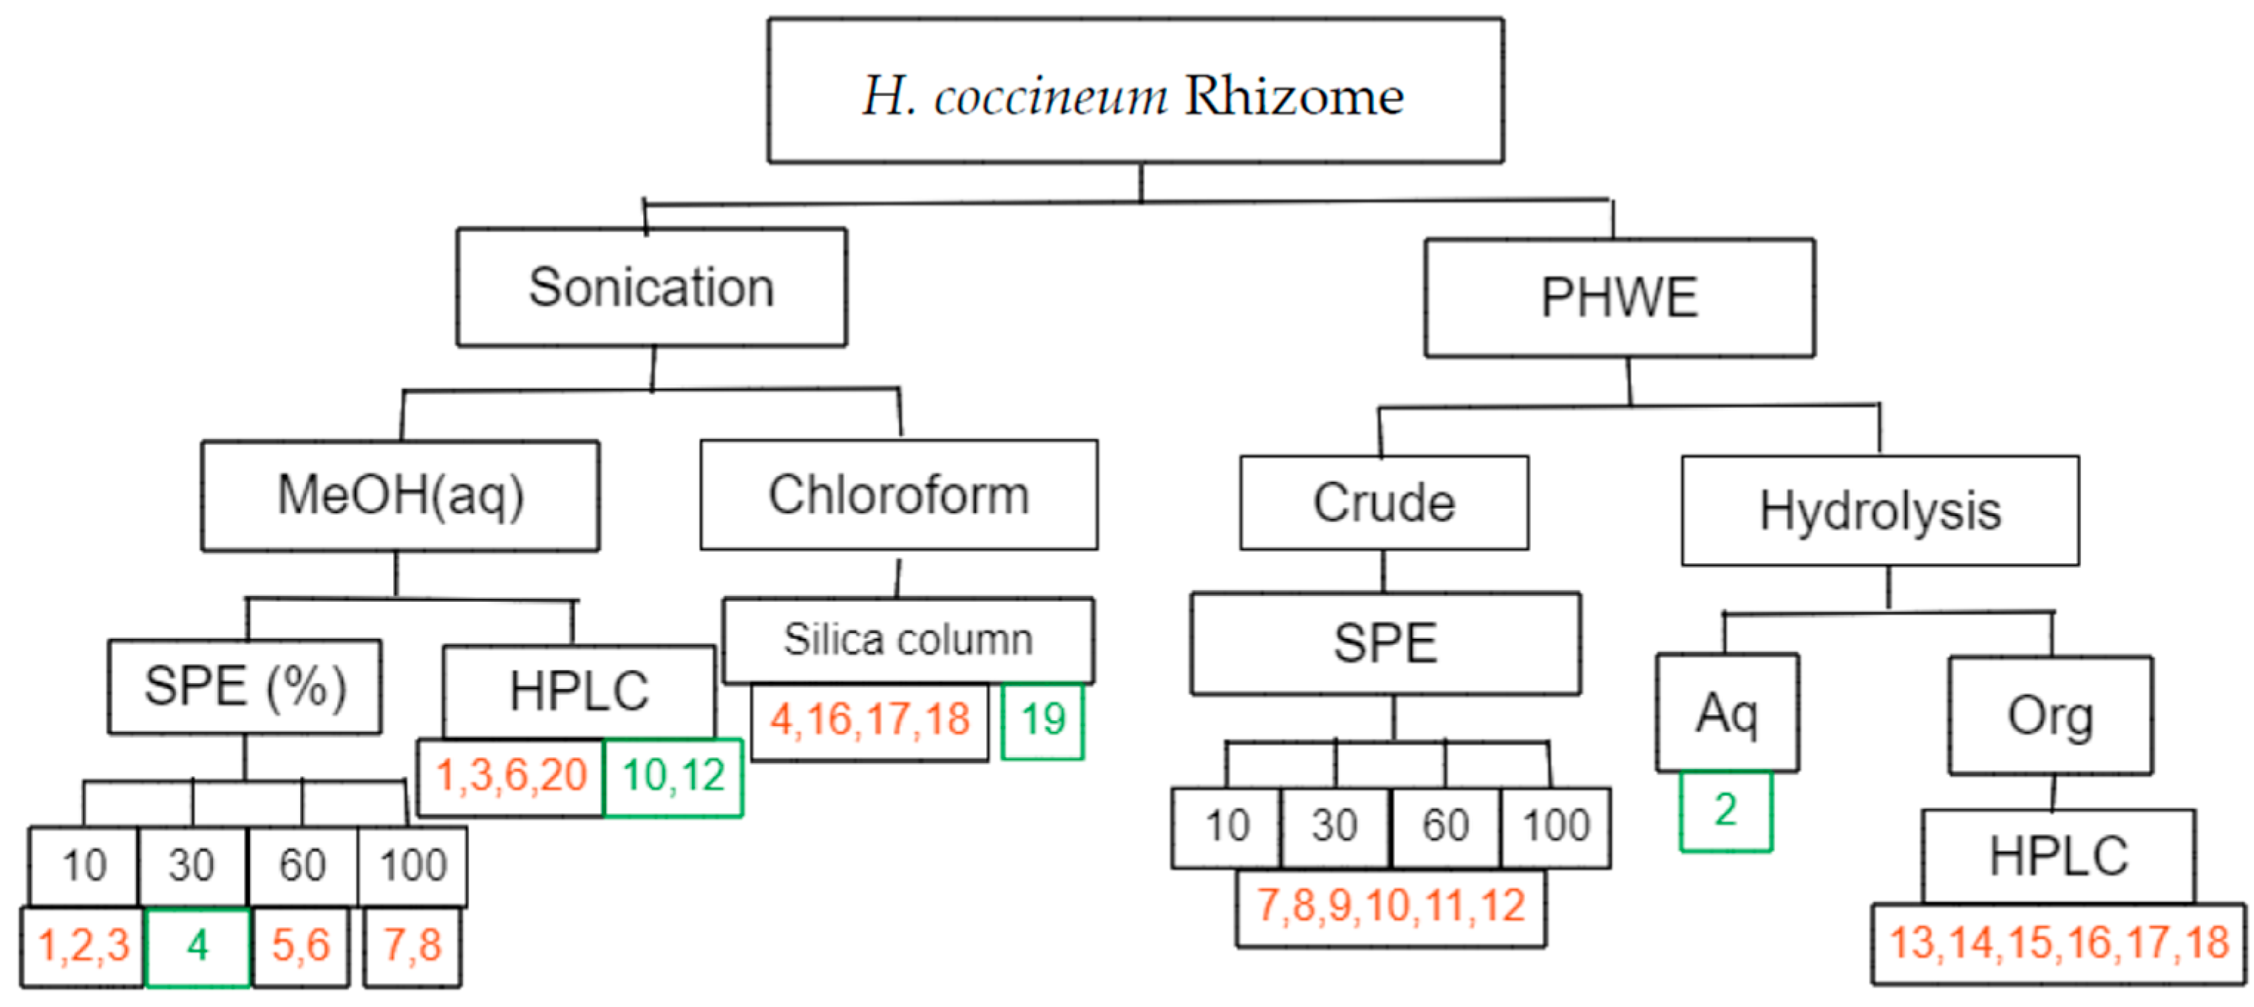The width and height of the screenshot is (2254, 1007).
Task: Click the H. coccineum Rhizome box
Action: (x=1135, y=91)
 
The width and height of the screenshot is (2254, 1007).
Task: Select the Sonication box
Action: (x=651, y=287)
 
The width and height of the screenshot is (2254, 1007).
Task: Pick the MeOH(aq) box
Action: (x=400, y=495)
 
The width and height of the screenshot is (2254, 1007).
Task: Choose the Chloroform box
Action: (x=899, y=495)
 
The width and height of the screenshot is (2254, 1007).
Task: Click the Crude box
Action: (x=1383, y=503)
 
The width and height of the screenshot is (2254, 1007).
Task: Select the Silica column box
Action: (x=907, y=640)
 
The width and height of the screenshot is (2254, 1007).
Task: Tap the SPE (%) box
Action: (x=244, y=686)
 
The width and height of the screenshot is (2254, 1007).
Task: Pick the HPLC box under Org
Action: (x=2058, y=855)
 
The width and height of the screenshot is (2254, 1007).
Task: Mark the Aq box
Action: (x=1726, y=713)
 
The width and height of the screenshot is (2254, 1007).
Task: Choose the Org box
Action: (x=2050, y=716)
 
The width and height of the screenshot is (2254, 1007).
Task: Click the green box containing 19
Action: (x=1042, y=720)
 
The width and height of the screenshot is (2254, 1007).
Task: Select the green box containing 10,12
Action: (x=673, y=776)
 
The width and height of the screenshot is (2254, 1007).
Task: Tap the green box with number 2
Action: (x=1725, y=810)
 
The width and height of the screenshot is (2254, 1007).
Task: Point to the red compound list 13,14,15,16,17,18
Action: (x=2058, y=943)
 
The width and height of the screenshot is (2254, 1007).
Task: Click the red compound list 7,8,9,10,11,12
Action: (x=1391, y=906)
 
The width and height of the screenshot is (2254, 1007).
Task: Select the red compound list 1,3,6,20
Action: (x=511, y=776)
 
